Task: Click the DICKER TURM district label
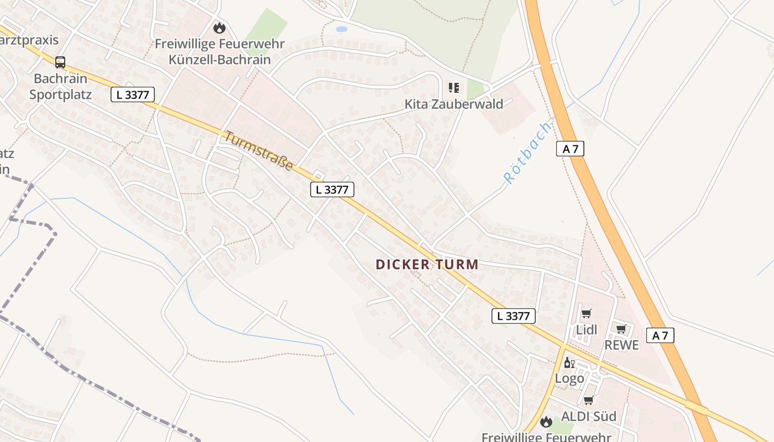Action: (427, 265)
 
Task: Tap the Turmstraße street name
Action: (259, 150)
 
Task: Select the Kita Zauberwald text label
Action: (454, 104)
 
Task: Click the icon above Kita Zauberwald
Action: (454, 88)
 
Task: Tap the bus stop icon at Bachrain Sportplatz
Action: (60, 62)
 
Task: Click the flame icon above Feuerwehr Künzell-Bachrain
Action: (219, 28)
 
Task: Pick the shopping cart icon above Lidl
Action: (586, 314)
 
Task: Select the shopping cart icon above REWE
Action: (621, 329)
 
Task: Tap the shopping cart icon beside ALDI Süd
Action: (589, 400)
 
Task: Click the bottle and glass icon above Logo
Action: (569, 363)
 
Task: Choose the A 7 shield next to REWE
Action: (660, 335)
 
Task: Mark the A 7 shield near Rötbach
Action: (570, 149)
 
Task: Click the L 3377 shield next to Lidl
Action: (514, 316)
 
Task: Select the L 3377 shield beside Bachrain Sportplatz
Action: (133, 94)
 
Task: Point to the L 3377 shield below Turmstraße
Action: (332, 190)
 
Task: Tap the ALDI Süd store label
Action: (588, 416)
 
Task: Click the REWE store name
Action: (621, 345)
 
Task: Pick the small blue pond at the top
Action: (342, 29)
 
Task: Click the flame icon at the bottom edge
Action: (546, 422)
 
